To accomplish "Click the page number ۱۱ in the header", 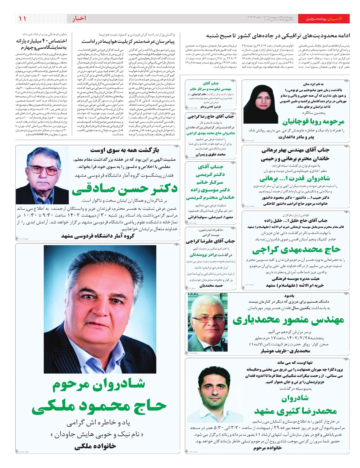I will tap(22, 19).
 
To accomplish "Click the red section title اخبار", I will tap(79, 19).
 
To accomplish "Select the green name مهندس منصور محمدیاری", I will tap(288, 320).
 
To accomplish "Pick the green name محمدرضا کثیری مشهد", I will tap(295, 411).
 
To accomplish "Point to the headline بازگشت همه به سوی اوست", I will tap(124, 150).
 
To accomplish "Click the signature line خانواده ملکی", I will tap(95, 446).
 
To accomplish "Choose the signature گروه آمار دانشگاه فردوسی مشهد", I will tap(98, 236).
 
